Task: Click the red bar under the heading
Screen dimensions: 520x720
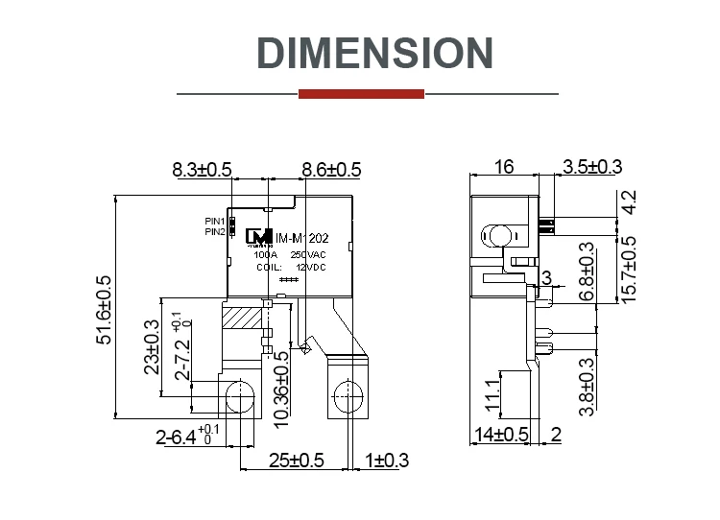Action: (x=361, y=94)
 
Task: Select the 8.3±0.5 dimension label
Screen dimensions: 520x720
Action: (x=202, y=170)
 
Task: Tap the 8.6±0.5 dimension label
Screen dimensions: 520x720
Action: (x=331, y=170)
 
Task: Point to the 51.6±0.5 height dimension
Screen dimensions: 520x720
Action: (x=105, y=310)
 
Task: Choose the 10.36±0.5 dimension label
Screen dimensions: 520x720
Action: (x=281, y=388)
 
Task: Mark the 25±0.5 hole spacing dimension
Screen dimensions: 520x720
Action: (x=297, y=461)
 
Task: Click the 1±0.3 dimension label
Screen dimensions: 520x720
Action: (x=387, y=461)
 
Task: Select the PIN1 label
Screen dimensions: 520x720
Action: (x=214, y=221)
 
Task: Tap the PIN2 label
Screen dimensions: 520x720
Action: (x=214, y=231)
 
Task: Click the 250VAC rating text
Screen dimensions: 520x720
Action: (x=308, y=255)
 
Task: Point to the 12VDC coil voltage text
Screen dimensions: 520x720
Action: (x=310, y=267)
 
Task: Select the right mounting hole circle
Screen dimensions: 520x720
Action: (x=345, y=395)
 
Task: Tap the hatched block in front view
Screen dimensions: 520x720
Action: (x=240, y=317)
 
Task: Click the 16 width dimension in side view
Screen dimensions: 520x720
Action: (x=503, y=167)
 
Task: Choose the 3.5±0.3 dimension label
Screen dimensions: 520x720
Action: (x=592, y=167)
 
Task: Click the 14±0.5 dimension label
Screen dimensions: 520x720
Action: (x=502, y=434)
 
